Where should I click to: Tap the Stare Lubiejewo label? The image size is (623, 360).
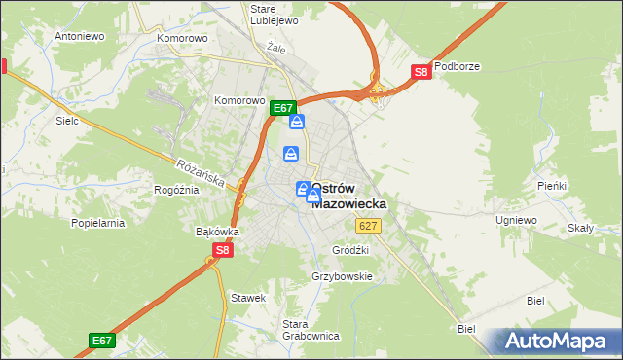(x=270, y=16)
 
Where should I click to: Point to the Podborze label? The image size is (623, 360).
(x=458, y=66)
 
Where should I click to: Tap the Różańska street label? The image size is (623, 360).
(x=201, y=173)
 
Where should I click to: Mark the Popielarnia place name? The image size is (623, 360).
(x=98, y=223)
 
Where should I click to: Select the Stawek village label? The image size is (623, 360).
(x=247, y=297)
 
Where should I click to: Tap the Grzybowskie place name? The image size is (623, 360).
(x=342, y=276)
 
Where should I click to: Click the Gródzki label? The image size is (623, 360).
(x=350, y=250)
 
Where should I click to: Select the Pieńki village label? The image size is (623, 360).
(x=552, y=185)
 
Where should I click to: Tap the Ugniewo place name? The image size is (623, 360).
(x=516, y=221)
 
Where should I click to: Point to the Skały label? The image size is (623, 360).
(x=580, y=228)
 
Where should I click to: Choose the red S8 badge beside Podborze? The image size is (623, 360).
(x=421, y=72)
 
